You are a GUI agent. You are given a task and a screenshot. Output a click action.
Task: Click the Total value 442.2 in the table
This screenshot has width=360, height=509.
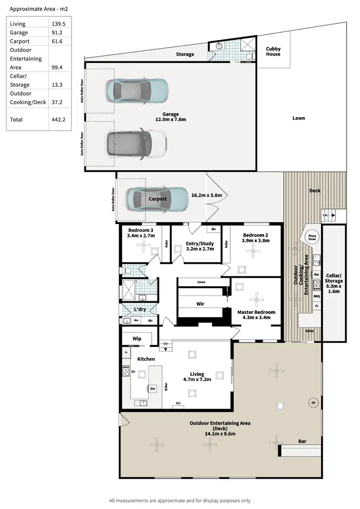click(58, 119)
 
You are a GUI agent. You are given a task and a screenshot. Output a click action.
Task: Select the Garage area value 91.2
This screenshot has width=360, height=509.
click(57, 33)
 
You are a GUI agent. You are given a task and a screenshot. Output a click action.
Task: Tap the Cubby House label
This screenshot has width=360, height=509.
click(274, 51)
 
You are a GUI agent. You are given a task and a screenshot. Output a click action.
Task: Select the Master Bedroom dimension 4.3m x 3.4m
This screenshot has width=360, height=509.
click(257, 317)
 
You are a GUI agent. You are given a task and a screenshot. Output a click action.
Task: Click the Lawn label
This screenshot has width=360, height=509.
click(299, 118)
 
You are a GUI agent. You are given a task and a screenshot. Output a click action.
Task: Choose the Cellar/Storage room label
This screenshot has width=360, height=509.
click(334, 283)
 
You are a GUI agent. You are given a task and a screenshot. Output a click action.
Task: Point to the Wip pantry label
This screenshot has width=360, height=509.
click(136, 338)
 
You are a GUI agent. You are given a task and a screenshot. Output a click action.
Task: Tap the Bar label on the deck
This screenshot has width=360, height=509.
click(302, 441)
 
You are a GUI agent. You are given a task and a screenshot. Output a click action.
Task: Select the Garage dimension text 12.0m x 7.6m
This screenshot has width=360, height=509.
click(170, 119)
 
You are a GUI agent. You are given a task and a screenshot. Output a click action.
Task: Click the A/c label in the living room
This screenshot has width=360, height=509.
click(179, 403)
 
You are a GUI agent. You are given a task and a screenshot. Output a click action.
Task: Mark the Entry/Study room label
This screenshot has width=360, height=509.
click(200, 244)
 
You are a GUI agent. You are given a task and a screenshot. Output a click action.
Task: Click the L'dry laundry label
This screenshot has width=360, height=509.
click(140, 309)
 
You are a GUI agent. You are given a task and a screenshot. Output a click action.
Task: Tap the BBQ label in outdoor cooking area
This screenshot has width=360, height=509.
click(316, 296)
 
